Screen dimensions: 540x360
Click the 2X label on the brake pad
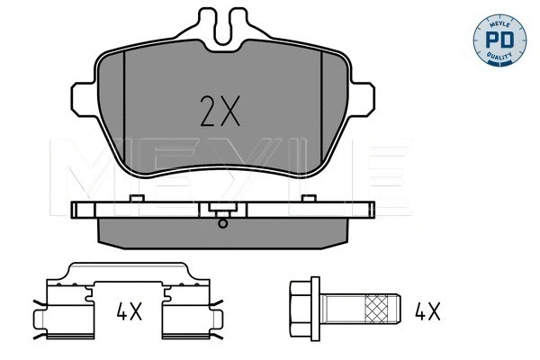click(x=220, y=111)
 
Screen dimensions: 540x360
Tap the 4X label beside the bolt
click(x=427, y=311)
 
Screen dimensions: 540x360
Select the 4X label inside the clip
click(x=129, y=311)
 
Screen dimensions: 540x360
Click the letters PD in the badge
click(x=499, y=40)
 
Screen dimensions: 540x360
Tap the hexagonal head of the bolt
click(x=301, y=309)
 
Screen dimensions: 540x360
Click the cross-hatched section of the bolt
click(x=376, y=309)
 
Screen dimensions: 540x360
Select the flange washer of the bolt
click(x=316, y=309)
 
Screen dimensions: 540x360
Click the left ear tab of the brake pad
click(x=83, y=99)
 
